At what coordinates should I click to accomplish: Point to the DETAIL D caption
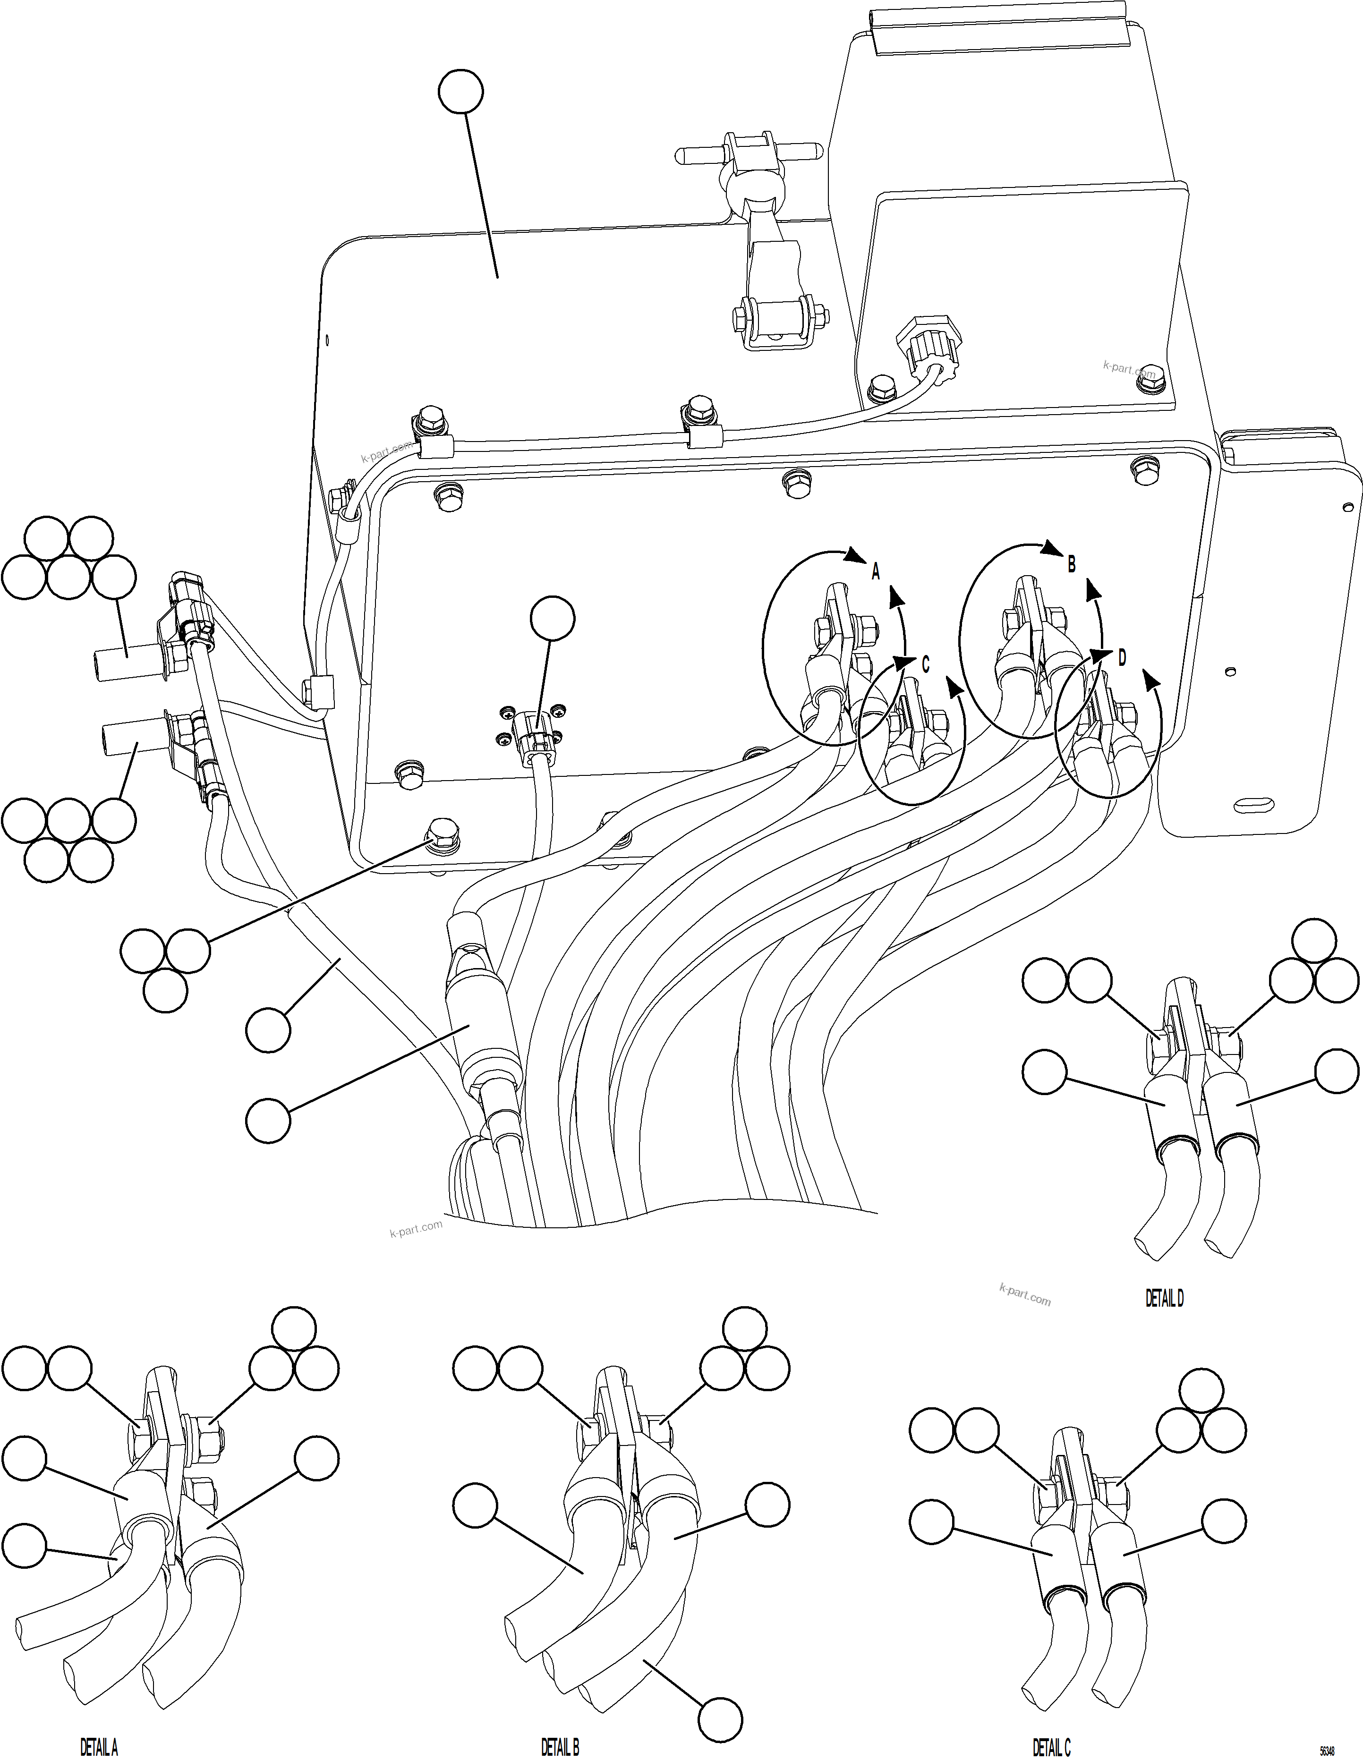coord(1165,1298)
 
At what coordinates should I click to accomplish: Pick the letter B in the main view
coord(1071,565)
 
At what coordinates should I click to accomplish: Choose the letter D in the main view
coord(1122,658)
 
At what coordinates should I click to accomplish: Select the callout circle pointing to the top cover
coord(461,93)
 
